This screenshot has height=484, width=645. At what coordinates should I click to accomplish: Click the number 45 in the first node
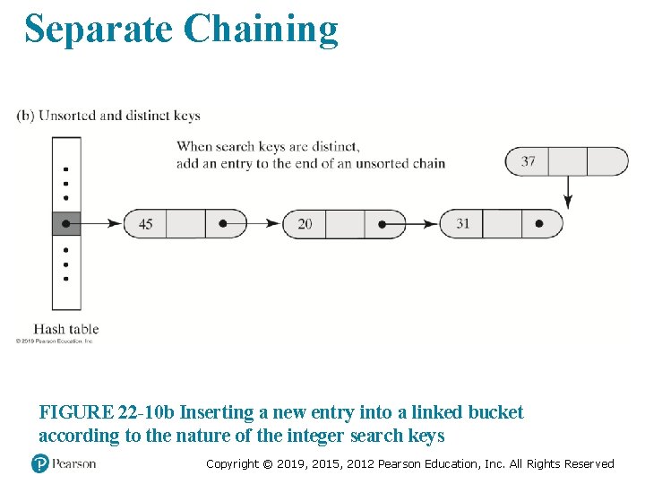[x=145, y=223]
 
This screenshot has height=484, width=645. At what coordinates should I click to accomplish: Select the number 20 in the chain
[x=305, y=223]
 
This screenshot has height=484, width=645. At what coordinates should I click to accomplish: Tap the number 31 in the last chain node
[x=462, y=223]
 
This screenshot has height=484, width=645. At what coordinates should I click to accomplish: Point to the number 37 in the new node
[x=528, y=161]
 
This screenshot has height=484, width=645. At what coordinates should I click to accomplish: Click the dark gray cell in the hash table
[x=66, y=223]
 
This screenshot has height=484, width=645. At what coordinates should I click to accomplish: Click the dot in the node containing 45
[x=224, y=223]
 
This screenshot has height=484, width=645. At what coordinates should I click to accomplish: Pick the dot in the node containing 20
[x=383, y=223]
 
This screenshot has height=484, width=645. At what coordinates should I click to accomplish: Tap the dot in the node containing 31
[x=539, y=223]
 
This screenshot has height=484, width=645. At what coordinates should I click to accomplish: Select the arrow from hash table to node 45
[x=100, y=223]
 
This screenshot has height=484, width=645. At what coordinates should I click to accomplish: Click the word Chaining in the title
[x=261, y=29]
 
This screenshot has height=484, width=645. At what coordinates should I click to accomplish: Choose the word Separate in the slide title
[x=99, y=29]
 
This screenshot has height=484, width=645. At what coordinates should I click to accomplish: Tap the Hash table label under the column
[x=66, y=329]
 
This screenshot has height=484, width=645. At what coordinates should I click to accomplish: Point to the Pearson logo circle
[x=39, y=463]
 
